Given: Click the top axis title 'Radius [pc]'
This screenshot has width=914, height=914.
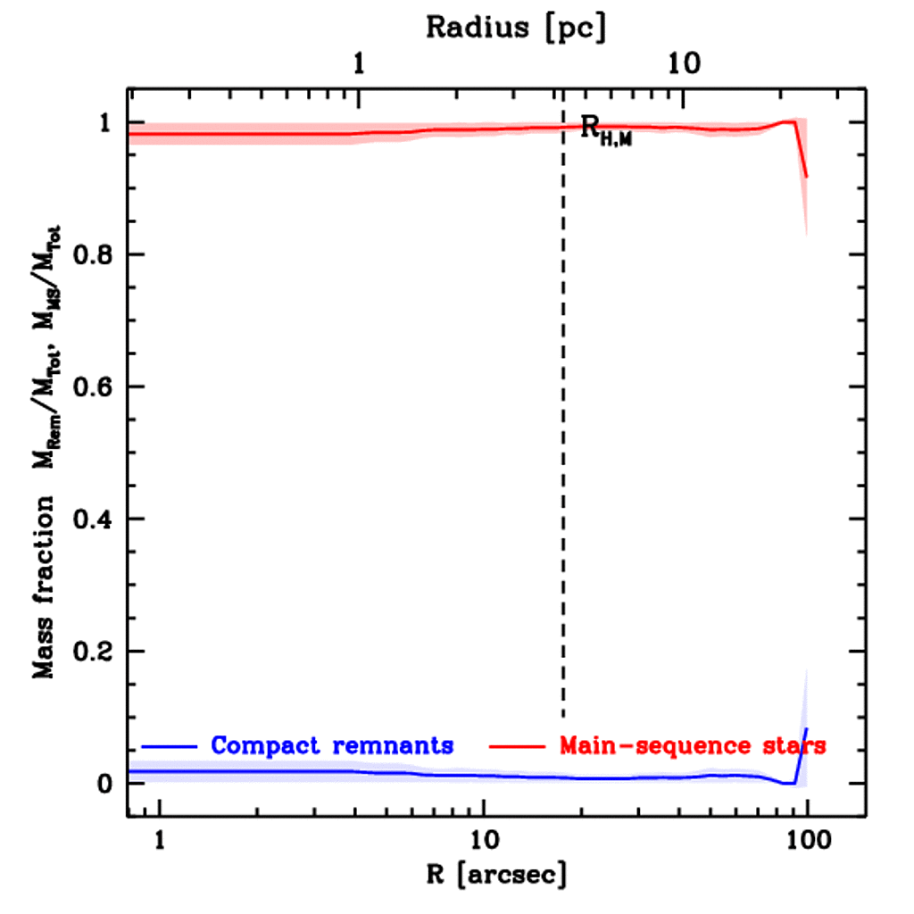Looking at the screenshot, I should point(515,27).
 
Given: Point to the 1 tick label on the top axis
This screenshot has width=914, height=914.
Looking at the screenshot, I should point(359,64).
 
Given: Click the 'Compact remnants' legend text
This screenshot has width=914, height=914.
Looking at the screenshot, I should point(332,745).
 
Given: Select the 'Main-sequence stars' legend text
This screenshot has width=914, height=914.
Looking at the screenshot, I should point(693,745).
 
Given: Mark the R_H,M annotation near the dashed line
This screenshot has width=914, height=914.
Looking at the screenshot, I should point(606,130).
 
